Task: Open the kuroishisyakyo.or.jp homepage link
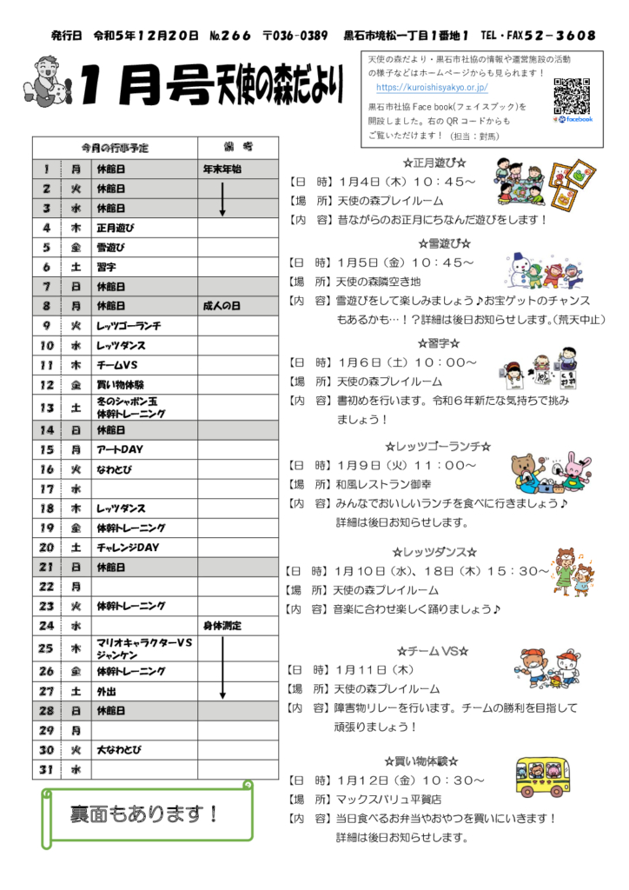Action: (432, 88)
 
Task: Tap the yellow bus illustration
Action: (544, 776)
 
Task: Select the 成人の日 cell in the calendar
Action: (222, 306)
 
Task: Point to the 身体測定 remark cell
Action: (222, 626)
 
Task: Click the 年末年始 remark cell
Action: (222, 169)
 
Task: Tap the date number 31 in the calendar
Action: (46, 769)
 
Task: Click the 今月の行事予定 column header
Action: (115, 146)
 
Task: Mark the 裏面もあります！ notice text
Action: (145, 814)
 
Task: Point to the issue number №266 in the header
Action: (230, 36)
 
